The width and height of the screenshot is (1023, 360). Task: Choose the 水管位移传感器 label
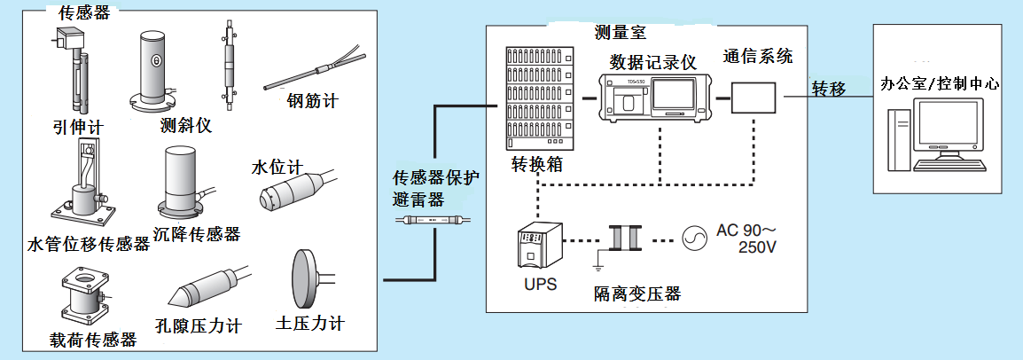(x=88, y=243)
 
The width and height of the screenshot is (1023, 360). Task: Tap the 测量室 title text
(x=622, y=33)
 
